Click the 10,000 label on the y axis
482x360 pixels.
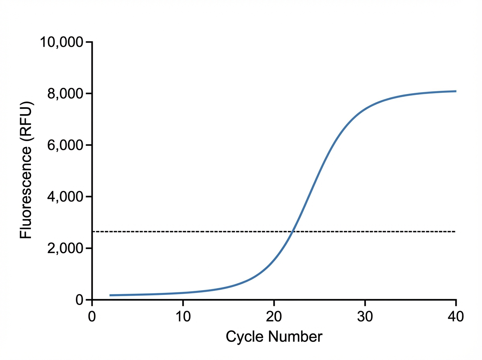click(61, 42)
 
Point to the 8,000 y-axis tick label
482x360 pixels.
click(64, 94)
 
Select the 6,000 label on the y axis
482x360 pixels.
click(64, 145)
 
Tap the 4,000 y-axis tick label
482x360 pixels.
click(64, 197)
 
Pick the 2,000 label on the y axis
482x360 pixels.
click(64, 248)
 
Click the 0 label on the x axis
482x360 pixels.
click(92, 316)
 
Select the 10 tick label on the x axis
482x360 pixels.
click(183, 316)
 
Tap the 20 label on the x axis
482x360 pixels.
click(274, 316)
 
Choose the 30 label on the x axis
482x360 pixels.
click(365, 316)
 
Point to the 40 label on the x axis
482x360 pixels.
click(455, 316)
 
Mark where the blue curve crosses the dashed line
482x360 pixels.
click(293, 231)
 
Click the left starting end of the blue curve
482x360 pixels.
click(110, 295)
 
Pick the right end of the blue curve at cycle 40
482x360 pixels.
click(455, 91)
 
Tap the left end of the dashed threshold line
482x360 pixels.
click(93, 231)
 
